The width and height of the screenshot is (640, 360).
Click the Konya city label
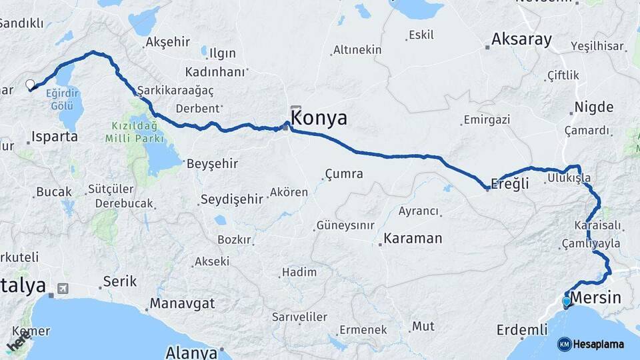[x=320, y=119]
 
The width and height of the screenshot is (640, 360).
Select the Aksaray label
[x=521, y=40]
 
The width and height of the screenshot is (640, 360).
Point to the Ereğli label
[x=509, y=183]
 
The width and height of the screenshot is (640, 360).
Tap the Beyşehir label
[x=212, y=163]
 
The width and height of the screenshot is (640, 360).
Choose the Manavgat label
[x=182, y=303]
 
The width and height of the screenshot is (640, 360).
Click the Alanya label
[x=191, y=352]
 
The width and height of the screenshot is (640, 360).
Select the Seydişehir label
[x=231, y=199]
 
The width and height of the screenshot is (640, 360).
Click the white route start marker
[x=29, y=85]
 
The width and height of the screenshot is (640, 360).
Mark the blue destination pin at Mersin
[x=567, y=302]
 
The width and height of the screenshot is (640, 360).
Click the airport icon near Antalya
[x=63, y=289]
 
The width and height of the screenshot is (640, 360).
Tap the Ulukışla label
[x=568, y=179]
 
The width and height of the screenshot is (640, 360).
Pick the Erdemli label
[x=521, y=329]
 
